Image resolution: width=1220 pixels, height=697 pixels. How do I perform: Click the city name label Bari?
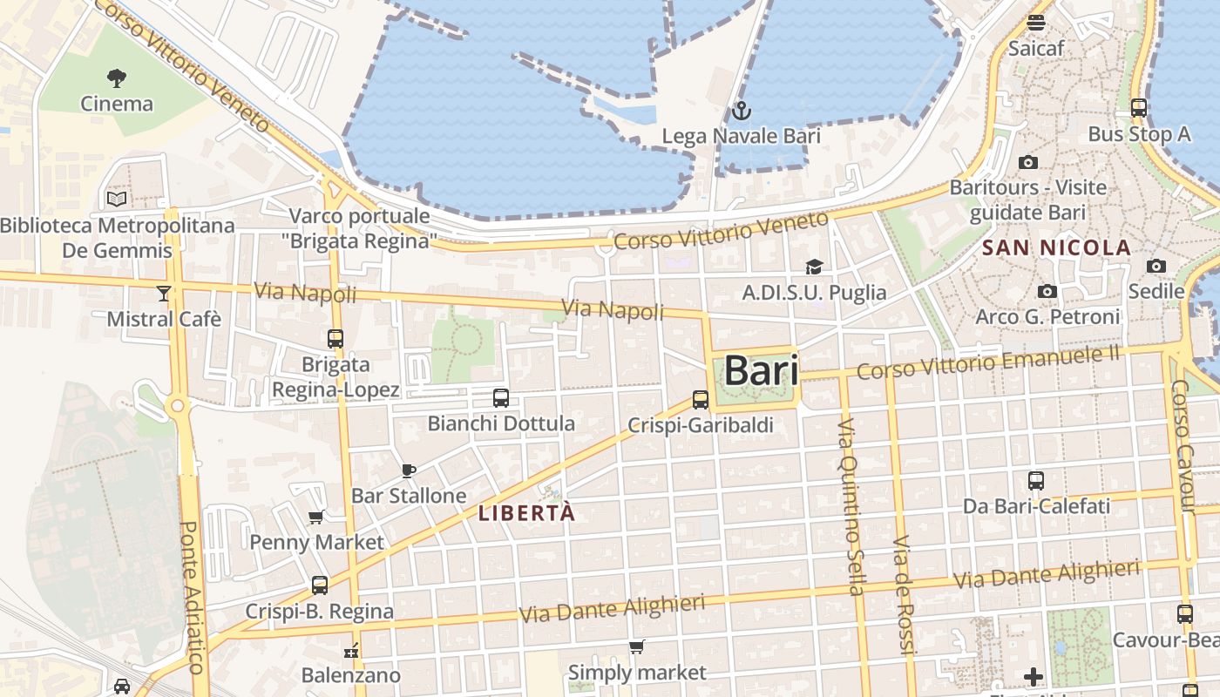tap(761, 370)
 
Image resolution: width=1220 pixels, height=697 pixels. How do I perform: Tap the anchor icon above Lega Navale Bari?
tap(741, 111)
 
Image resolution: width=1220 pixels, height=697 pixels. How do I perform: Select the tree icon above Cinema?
tap(117, 78)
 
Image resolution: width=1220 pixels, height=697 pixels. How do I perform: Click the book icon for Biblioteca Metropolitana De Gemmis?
tap(117, 199)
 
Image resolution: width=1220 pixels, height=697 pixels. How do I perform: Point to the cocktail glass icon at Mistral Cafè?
tap(164, 293)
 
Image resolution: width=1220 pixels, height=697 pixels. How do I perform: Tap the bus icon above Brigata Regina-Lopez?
tap(335, 339)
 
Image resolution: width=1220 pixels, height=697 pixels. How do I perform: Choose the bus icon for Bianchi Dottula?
tap(501, 398)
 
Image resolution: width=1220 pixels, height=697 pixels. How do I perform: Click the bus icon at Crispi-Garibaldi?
tap(701, 400)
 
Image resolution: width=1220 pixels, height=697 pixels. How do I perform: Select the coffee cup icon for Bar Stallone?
tap(408, 471)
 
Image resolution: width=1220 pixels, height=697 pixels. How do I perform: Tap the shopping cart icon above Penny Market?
tap(316, 518)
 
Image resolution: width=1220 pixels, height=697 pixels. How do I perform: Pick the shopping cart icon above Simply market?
tap(637, 647)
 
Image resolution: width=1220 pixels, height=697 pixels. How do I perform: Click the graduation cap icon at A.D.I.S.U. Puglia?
tap(814, 267)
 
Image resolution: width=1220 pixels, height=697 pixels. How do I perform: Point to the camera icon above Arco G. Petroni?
tap(1047, 291)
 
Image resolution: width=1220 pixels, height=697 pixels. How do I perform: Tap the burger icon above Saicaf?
tap(1036, 23)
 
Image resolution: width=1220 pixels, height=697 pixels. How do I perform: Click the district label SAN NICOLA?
tap(1056, 248)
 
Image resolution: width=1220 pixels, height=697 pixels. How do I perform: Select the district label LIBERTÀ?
tap(527, 514)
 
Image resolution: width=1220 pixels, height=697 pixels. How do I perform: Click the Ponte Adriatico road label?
tap(192, 597)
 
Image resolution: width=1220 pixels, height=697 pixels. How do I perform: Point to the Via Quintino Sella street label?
tap(850, 506)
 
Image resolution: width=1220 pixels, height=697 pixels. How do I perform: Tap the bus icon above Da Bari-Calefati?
tap(1036, 480)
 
